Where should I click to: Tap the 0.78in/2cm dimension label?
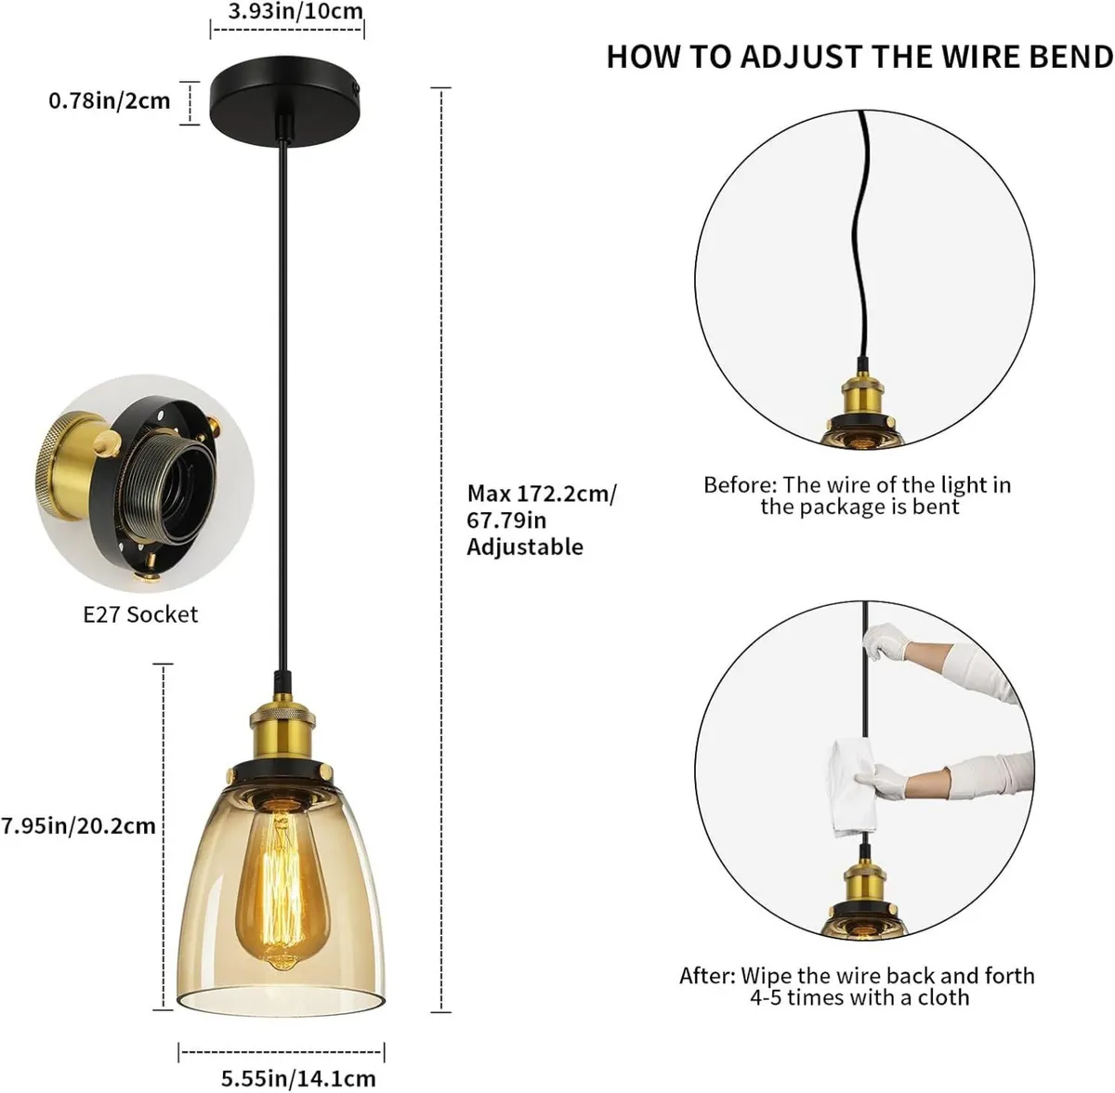pyautogui.click(x=110, y=99)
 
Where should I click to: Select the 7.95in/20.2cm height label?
pyautogui.click(x=78, y=825)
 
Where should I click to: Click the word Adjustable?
pyautogui.click(x=525, y=546)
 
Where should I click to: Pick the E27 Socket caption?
pyautogui.click(x=140, y=614)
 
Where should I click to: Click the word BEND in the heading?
pyautogui.click(x=1069, y=57)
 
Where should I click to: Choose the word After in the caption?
pyautogui.click(x=708, y=976)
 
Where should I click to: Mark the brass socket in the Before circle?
pyautogui.click(x=863, y=400)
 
